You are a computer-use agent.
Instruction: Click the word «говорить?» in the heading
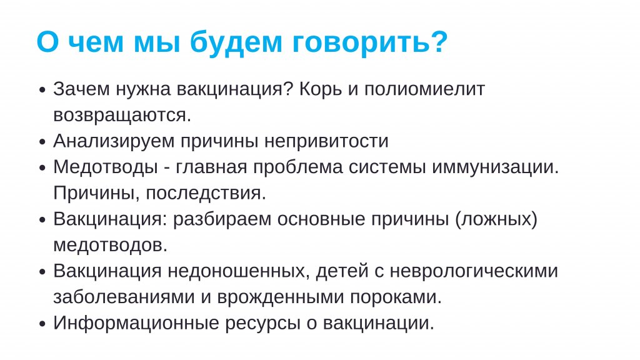[370, 42]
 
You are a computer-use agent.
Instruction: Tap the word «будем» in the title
[236, 42]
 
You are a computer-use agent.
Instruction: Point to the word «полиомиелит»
[424, 89]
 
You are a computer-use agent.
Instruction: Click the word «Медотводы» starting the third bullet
[105, 167]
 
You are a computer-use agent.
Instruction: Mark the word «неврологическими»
[474, 271]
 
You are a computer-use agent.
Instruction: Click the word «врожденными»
[281, 297]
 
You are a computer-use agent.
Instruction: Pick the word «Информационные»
[136, 323]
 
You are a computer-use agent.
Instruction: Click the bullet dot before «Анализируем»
[42, 142]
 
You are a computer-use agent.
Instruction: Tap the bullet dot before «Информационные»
[42, 324]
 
